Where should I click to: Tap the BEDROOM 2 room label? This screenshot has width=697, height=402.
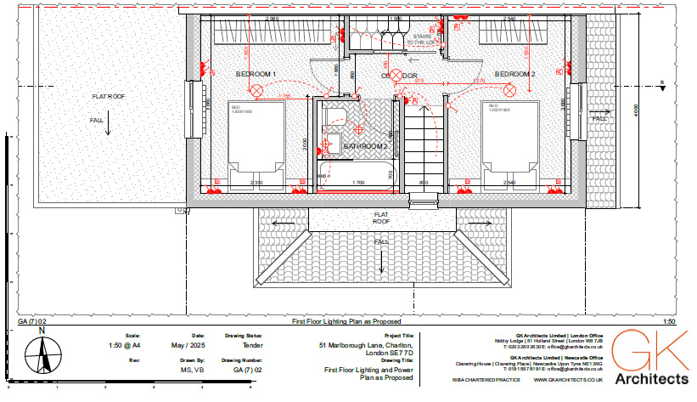(x=515, y=75)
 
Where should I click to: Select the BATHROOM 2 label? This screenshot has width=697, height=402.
(x=365, y=146)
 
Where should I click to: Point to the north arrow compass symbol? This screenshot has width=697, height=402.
(x=42, y=354)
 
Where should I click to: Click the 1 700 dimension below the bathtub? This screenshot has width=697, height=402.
(x=357, y=183)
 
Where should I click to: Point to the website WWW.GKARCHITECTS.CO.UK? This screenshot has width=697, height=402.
(x=568, y=381)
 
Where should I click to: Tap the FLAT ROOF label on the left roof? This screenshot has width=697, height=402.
(x=109, y=97)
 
